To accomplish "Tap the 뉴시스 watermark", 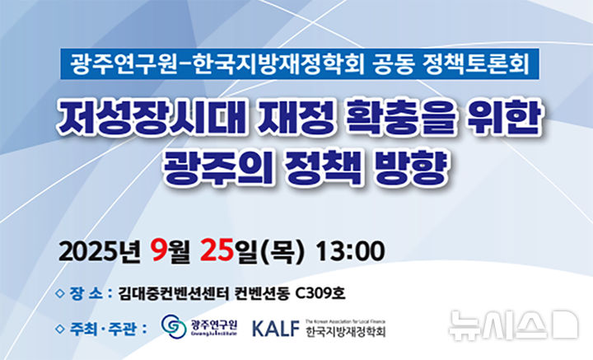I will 512,325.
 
